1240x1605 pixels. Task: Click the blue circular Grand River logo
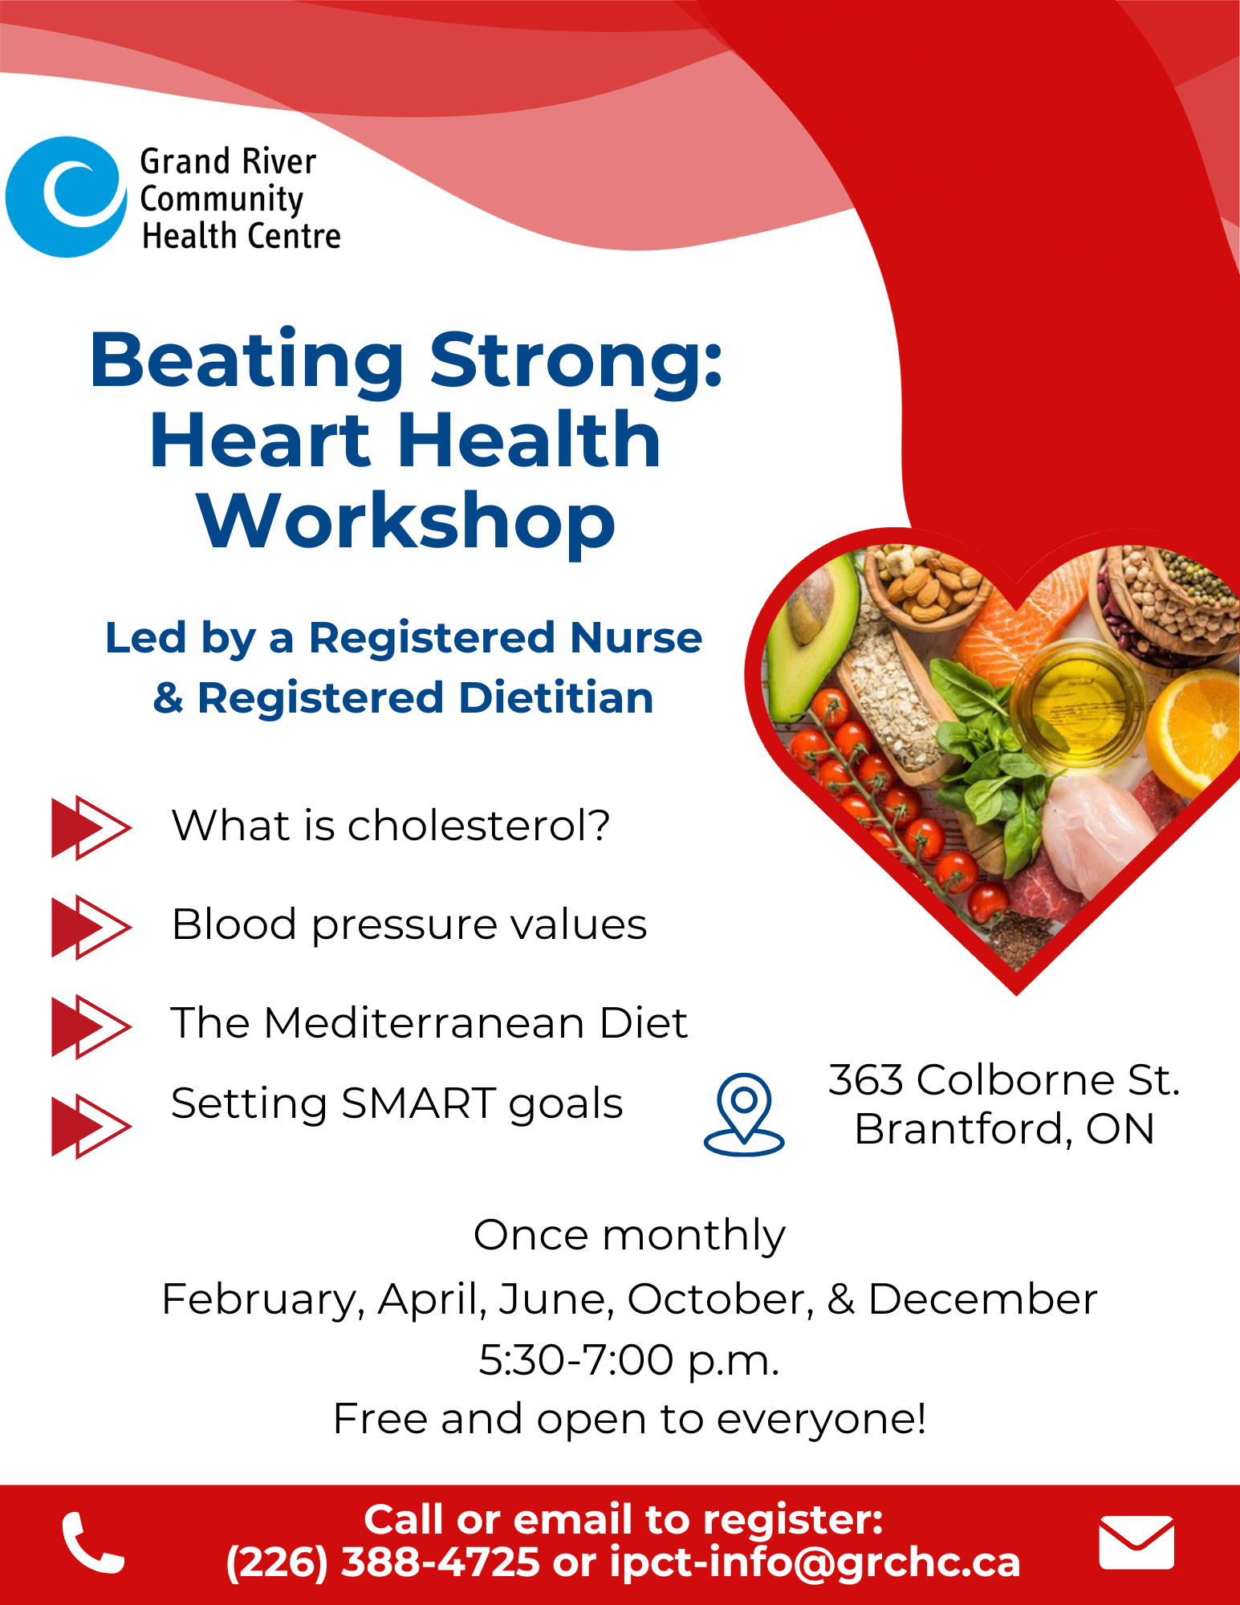(66, 197)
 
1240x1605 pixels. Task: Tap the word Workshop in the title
(406, 522)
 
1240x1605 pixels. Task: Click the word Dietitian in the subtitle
(557, 697)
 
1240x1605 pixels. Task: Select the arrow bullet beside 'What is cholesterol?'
(91, 827)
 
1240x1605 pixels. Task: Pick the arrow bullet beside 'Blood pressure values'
(91, 927)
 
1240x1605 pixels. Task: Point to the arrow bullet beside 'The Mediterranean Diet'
(91, 1026)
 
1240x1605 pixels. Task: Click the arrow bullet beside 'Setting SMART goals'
(91, 1126)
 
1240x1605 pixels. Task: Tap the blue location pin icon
(744, 1114)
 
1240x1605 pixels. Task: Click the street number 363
(866, 1079)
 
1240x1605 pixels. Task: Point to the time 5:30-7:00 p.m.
(629, 1360)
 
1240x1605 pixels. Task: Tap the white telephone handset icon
(92, 1542)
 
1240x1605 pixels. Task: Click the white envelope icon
(1136, 1542)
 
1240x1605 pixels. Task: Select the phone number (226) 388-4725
(383, 1562)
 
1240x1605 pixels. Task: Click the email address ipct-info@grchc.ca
(815, 1562)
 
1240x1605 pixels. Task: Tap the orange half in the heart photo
(1193, 726)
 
